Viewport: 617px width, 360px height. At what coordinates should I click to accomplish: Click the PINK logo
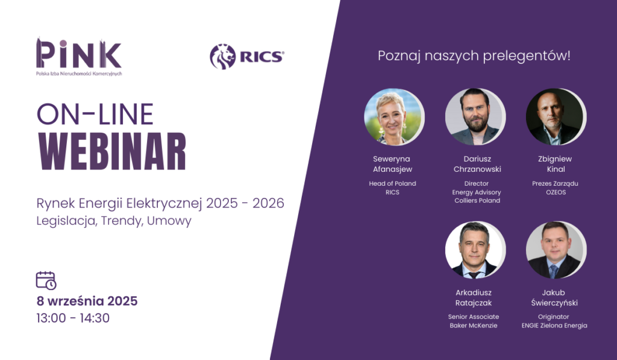tap(79, 57)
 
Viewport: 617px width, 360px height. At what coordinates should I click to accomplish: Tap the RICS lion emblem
tap(223, 57)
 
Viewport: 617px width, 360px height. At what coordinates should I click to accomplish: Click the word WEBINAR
tap(112, 151)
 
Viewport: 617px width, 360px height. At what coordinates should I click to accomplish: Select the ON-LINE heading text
tap(95, 114)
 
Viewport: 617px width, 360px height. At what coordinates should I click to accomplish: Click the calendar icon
tap(46, 280)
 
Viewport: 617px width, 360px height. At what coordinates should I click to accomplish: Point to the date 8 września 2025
tap(87, 301)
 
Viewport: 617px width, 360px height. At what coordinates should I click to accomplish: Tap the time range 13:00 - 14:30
tap(73, 318)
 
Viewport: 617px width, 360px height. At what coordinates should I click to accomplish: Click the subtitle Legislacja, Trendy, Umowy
tap(114, 221)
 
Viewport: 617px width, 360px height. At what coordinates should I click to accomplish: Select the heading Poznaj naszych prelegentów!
tap(474, 56)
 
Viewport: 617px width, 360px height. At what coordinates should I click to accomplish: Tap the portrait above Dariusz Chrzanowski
tap(475, 117)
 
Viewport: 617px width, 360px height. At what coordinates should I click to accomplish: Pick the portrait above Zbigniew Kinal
tap(556, 117)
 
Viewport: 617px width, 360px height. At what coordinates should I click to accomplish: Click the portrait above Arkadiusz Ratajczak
tap(475, 250)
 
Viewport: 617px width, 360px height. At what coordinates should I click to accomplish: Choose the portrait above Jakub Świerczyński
tap(556, 250)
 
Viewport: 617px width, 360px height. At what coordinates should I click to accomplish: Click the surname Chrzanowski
tap(477, 169)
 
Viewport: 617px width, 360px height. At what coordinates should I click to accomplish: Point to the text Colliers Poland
tap(477, 200)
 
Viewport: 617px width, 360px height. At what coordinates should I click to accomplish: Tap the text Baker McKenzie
tap(474, 326)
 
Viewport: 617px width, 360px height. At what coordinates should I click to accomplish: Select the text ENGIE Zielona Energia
tap(554, 326)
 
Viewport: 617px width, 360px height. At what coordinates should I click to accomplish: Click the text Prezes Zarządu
tap(555, 183)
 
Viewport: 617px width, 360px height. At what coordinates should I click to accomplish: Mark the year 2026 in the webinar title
tap(268, 203)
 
